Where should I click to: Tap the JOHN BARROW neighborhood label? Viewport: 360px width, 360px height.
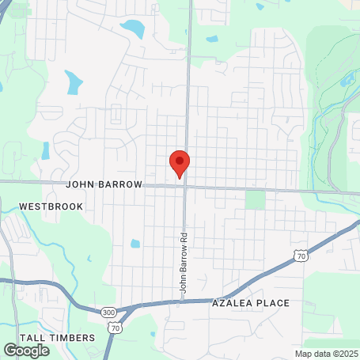click(x=104, y=184)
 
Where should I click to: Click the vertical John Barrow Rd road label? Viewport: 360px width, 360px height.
click(x=183, y=263)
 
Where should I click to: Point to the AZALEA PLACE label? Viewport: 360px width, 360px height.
click(x=250, y=303)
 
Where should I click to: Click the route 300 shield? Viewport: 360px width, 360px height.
click(x=109, y=313)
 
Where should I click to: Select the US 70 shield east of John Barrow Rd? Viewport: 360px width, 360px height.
click(x=300, y=256)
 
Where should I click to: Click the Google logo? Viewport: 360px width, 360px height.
click(x=26, y=350)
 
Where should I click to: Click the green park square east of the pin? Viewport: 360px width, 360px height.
click(x=255, y=199)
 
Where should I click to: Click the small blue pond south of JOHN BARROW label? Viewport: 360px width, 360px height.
click(x=135, y=244)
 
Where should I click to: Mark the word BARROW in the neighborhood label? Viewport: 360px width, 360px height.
click(x=121, y=184)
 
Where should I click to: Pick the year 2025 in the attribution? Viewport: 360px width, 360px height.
click(x=346, y=354)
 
